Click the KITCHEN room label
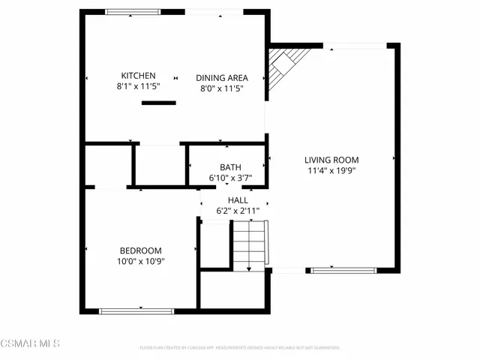coord(138,76)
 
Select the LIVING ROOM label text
coord(331,160)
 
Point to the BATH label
coord(230,167)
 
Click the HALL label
coord(238,200)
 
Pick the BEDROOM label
coord(140,250)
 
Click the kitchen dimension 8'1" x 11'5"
coord(138,87)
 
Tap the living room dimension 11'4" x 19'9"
coord(331,170)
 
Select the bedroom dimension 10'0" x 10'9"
coord(140,261)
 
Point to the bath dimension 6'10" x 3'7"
coord(230,178)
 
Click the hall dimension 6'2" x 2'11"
coord(238,211)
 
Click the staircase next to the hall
coord(248,245)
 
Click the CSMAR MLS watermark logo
coord(30,343)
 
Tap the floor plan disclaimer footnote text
coord(240,348)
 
